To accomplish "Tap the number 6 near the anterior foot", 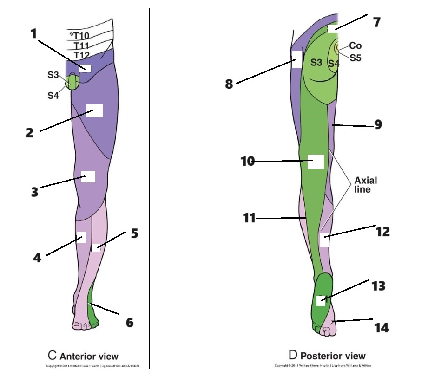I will (x=129, y=321).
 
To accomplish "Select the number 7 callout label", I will (x=377, y=21).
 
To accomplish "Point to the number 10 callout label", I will (x=248, y=162).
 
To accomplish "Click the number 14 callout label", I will (x=382, y=328).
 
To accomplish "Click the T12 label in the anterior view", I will (x=82, y=55).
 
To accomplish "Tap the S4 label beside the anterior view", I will (x=54, y=96).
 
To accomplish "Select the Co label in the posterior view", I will (x=356, y=45).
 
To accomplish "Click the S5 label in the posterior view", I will (x=356, y=58).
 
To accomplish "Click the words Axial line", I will (x=366, y=185).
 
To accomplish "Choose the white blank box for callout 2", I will (x=94, y=110).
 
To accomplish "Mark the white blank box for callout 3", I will (x=88, y=176).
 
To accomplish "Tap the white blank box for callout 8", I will (x=296, y=59).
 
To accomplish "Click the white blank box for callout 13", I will (x=321, y=300).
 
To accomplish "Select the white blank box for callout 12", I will (x=324, y=240).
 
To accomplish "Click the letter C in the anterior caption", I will (x=53, y=356).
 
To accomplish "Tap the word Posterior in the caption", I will (x=319, y=356).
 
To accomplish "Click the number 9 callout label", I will (x=378, y=124).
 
